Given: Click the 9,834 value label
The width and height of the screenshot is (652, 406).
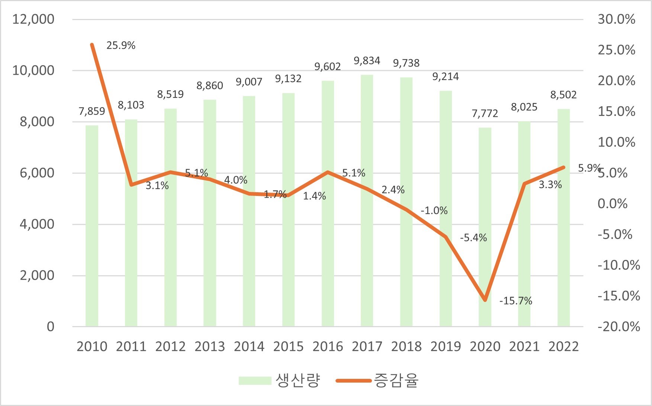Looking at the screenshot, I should [x=367, y=61].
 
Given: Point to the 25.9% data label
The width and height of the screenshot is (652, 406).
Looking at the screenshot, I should [x=121, y=45].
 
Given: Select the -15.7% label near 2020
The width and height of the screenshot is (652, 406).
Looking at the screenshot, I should [x=516, y=301].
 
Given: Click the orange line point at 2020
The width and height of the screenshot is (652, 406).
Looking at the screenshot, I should [x=485, y=300].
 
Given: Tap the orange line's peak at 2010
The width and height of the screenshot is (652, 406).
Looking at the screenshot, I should [x=92, y=45].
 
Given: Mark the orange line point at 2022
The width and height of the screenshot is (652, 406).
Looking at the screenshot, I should [x=563, y=167].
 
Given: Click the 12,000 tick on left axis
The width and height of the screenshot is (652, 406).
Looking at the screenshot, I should [x=33, y=19].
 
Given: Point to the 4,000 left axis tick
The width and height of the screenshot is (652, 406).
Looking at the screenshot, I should [x=37, y=224].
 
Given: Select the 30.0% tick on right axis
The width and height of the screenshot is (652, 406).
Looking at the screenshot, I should [x=616, y=19].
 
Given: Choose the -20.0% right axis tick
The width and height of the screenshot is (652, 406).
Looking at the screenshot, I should [x=619, y=327].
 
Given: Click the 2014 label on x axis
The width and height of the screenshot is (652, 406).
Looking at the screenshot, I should [x=249, y=347].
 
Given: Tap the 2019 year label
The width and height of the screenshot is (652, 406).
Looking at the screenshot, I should [x=446, y=347].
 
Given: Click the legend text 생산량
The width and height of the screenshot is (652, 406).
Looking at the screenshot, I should [x=298, y=380].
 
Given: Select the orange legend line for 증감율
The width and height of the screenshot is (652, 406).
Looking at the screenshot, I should [x=353, y=380].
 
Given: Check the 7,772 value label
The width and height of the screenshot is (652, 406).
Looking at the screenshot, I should [x=485, y=113].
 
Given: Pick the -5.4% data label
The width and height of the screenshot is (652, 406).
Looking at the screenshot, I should [x=473, y=238].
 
